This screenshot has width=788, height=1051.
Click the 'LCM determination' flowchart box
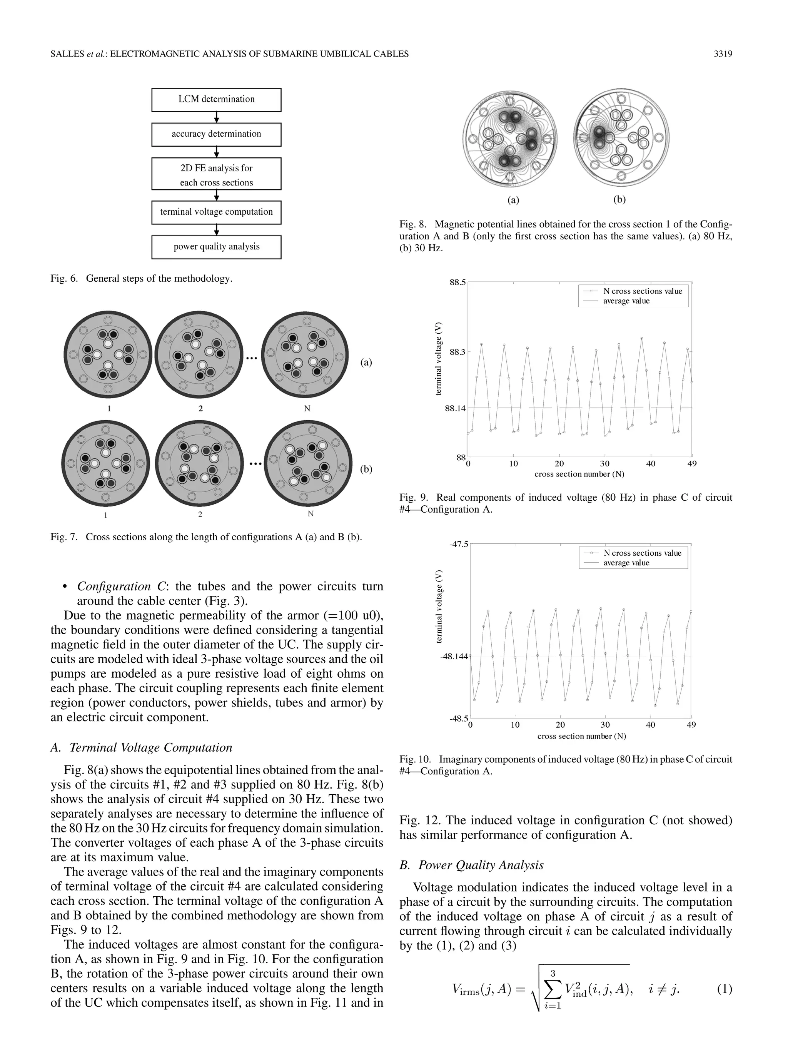click(216, 99)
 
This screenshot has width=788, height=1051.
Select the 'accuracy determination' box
click(216, 134)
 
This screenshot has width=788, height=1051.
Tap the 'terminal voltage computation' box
click(216, 212)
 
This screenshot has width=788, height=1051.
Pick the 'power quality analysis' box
click(216, 247)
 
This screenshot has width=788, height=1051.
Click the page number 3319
click(723, 54)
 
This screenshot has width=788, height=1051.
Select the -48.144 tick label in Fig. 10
click(454, 656)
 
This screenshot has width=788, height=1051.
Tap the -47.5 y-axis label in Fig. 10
click(458, 544)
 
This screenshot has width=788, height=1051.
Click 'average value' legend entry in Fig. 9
click(626, 301)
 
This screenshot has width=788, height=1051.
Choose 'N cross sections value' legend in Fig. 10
click(642, 553)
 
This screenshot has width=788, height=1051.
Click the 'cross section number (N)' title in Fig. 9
click(579, 474)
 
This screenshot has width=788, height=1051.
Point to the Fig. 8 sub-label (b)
click(619, 200)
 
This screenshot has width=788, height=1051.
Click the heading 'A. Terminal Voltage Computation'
click(142, 747)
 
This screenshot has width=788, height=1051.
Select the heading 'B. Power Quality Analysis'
click(471, 865)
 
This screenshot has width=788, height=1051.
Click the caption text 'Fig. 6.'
click(64, 278)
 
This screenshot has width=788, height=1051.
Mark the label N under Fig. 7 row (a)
click(307, 409)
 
